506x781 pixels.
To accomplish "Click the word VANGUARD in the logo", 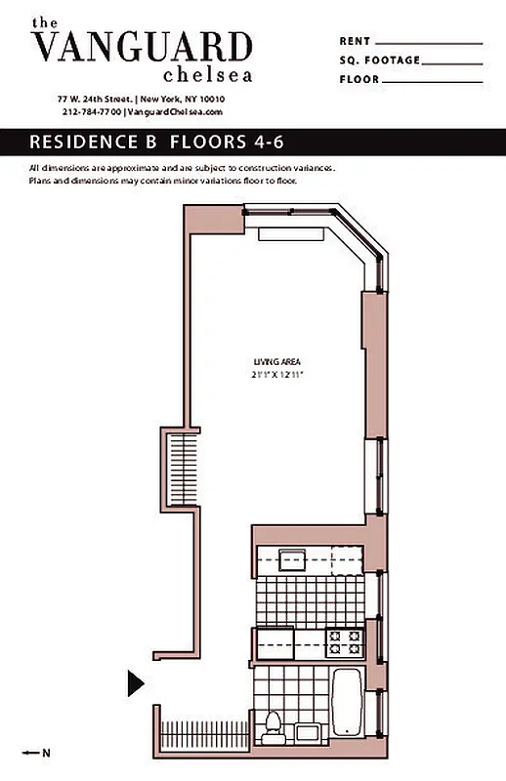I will point(142,47).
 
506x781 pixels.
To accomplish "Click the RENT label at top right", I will point(355,42).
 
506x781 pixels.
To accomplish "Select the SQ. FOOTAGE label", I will point(380,61).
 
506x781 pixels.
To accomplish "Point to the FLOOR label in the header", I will point(359,79).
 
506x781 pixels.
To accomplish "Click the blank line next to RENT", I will point(429,43).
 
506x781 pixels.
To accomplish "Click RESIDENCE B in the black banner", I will point(94,142).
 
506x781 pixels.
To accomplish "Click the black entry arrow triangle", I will point(136,683).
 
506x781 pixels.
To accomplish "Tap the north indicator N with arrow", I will point(39,752).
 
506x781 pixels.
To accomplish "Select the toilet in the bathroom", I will point(274,727).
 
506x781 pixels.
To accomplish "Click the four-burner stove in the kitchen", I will point(345,642).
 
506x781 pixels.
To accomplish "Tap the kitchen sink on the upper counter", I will point(292,560).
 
